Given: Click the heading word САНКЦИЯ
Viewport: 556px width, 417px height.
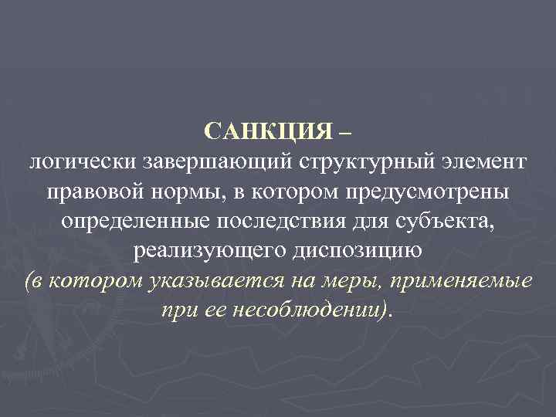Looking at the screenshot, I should (x=268, y=132).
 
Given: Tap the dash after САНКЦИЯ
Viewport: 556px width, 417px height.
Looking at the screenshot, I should (x=344, y=132).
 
